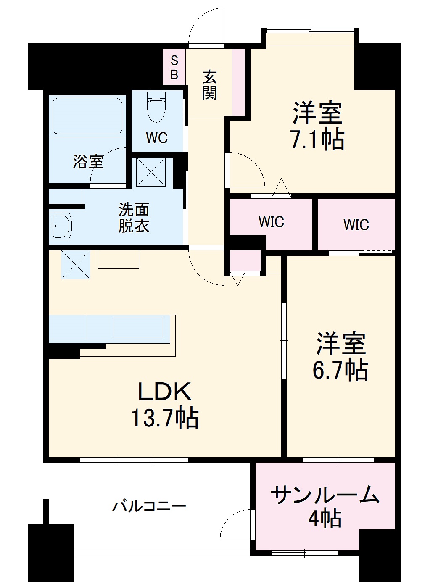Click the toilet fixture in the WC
click(x=157, y=107)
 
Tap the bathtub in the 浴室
click(x=87, y=116)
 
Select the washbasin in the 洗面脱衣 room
click(x=60, y=226)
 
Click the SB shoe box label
click(x=174, y=68)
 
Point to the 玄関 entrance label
click(x=209, y=85)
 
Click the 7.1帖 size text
click(x=318, y=140)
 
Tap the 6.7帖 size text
click(x=340, y=370)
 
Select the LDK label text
click(x=165, y=392)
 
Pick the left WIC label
click(x=271, y=222)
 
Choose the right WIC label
click(x=356, y=225)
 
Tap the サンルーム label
click(x=325, y=495)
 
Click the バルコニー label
click(x=149, y=506)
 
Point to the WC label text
click(x=157, y=138)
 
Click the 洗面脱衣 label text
click(x=134, y=218)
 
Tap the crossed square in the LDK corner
click(x=76, y=265)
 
